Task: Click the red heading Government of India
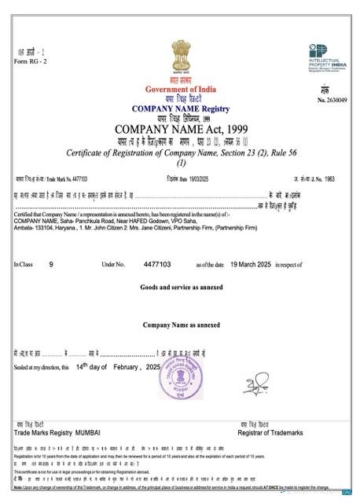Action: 181,90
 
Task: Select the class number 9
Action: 51,266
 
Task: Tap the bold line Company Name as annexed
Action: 181,325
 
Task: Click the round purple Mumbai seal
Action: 180,391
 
